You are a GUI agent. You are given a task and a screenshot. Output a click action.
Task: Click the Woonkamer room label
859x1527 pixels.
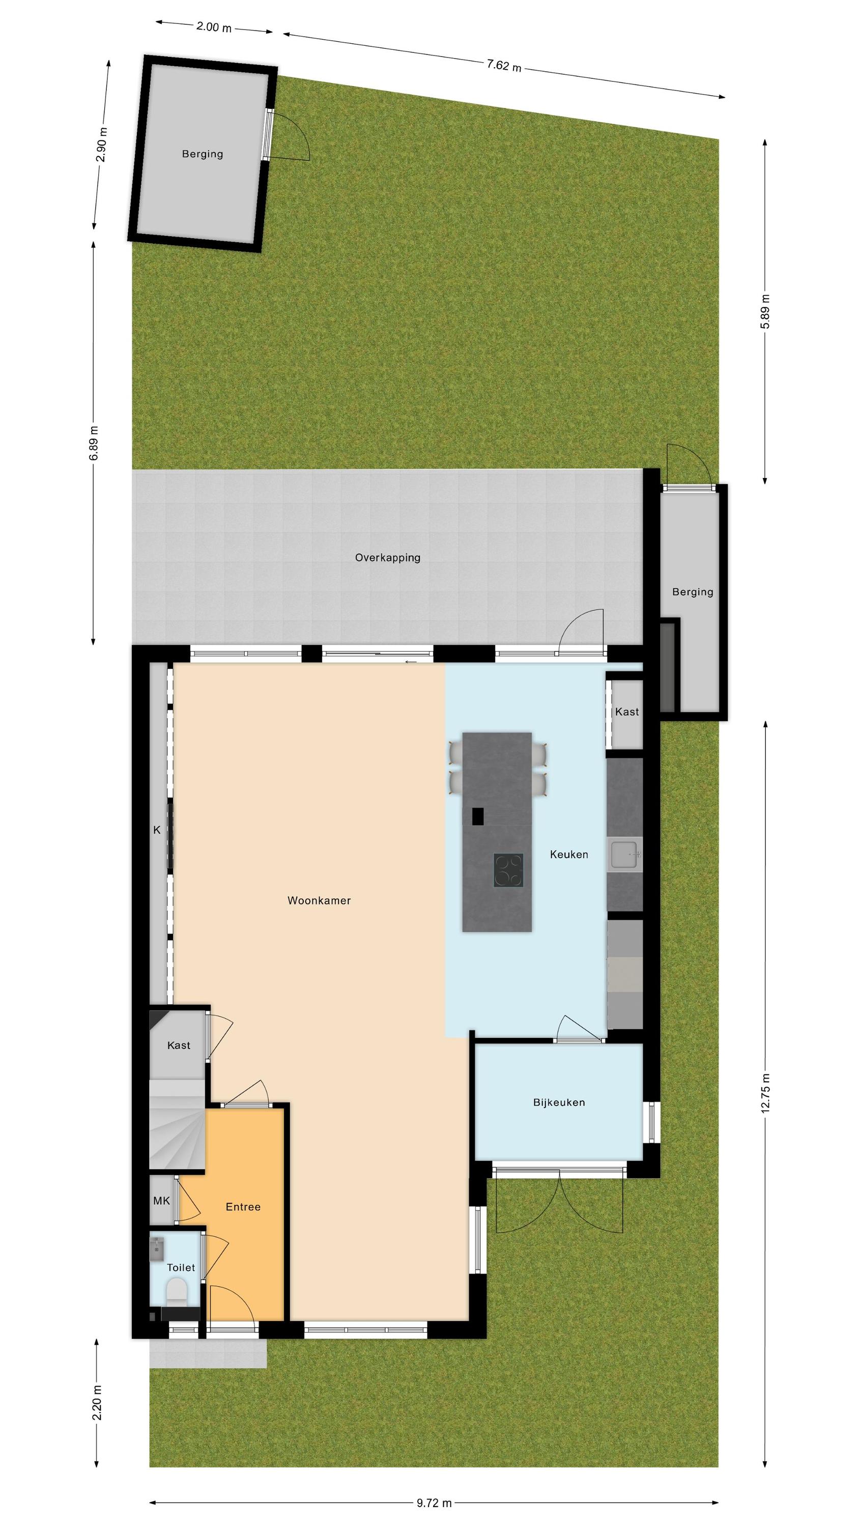[319, 900]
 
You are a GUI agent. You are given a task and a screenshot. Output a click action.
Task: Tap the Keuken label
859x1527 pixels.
[569, 854]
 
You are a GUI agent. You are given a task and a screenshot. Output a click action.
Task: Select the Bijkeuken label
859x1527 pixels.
[559, 1102]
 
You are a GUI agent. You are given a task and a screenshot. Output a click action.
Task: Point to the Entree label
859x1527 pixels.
[243, 1207]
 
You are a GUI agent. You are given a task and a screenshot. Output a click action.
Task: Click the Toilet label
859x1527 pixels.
[181, 1267]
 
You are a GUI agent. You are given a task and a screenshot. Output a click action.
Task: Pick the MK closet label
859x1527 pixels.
[161, 1201]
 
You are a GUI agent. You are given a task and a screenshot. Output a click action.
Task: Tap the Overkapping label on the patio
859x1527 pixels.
[388, 558]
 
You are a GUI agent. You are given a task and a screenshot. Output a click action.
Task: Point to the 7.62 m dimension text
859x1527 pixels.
[504, 65]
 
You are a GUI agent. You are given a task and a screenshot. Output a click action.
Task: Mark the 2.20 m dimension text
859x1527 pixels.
[97, 1402]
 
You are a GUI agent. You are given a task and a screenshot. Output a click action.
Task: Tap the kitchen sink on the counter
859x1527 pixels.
[624, 854]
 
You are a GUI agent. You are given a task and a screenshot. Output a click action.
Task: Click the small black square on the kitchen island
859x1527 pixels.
[478, 816]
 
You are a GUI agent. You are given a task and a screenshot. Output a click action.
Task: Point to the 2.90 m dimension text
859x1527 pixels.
[101, 145]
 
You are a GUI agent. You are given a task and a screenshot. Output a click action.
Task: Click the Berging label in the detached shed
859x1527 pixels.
[203, 154]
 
